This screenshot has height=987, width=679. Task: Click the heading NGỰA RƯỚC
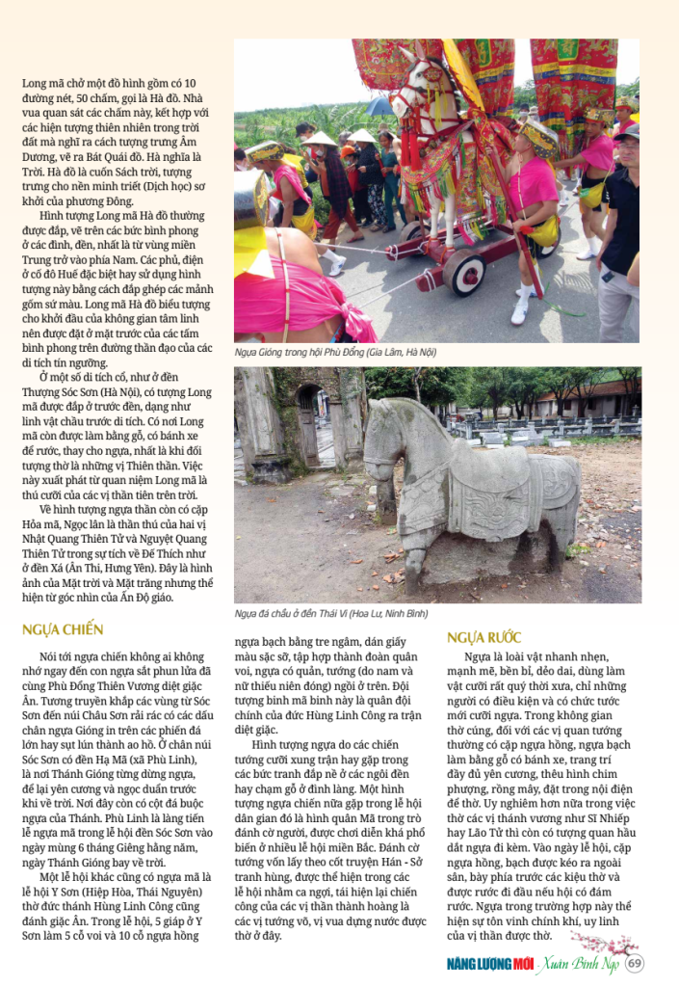pyautogui.click(x=483, y=637)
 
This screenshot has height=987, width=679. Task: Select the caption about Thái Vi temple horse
pyautogui.click(x=331, y=613)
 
